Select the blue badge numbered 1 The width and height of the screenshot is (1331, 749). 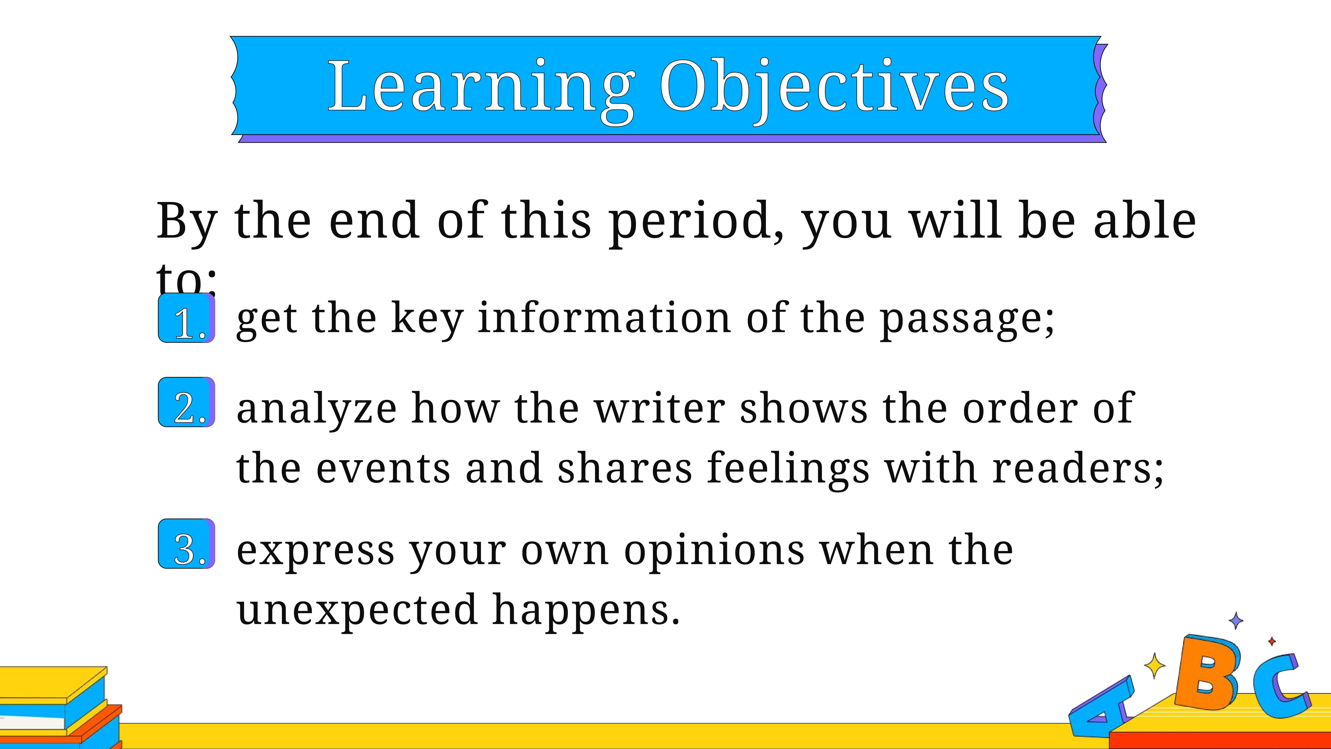point(187,318)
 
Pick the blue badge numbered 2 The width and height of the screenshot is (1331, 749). point(187,402)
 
